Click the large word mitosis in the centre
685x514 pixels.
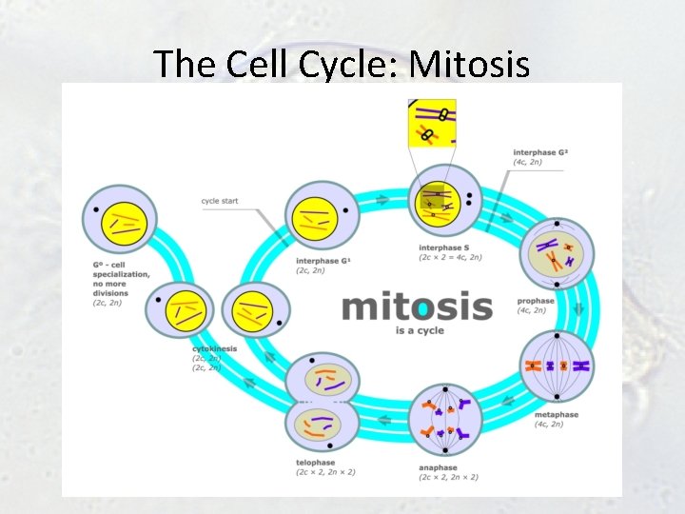pyautogui.click(x=417, y=306)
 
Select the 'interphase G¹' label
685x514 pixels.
pyautogui.click(x=323, y=261)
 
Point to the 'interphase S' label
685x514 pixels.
pyautogui.click(x=443, y=249)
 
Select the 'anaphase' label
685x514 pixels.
pyautogui.click(x=438, y=467)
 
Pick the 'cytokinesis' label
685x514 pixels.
pyautogui.click(x=214, y=349)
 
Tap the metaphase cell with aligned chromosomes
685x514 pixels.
pyautogui.click(x=556, y=366)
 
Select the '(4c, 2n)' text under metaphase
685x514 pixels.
pyautogui.click(x=549, y=425)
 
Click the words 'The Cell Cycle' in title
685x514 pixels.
pyautogui.click(x=271, y=64)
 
